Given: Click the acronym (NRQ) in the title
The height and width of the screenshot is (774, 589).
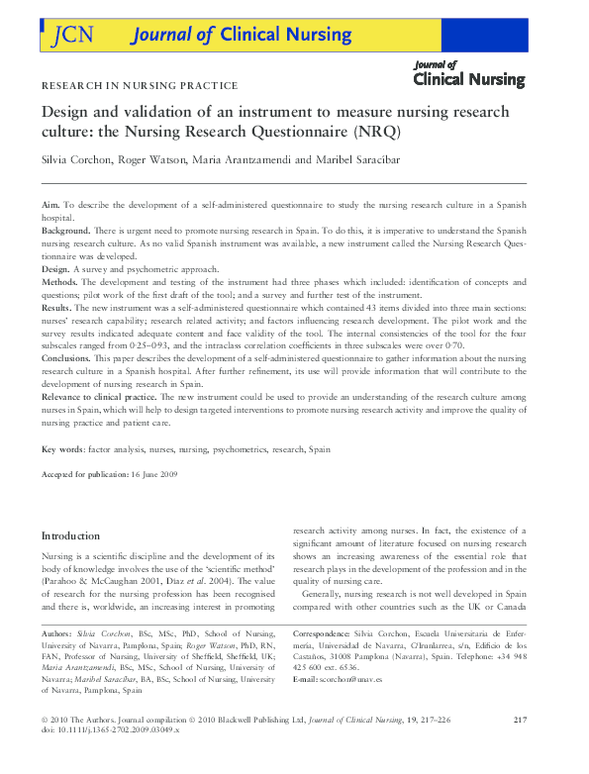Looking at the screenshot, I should click(x=377, y=130).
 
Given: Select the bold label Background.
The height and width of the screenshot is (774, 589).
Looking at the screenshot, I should click(x=66, y=229).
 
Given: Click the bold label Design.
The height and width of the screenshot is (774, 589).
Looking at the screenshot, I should click(x=55, y=269).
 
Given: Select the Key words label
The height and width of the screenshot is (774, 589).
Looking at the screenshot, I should click(x=61, y=449).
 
